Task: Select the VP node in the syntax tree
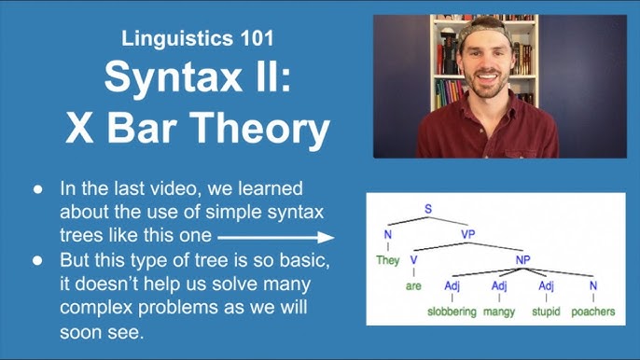[x=468, y=234]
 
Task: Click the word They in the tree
[x=387, y=260]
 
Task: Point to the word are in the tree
[x=413, y=286]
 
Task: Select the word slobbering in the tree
[x=452, y=312]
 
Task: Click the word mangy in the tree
[x=499, y=312]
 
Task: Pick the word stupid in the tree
[x=545, y=312]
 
